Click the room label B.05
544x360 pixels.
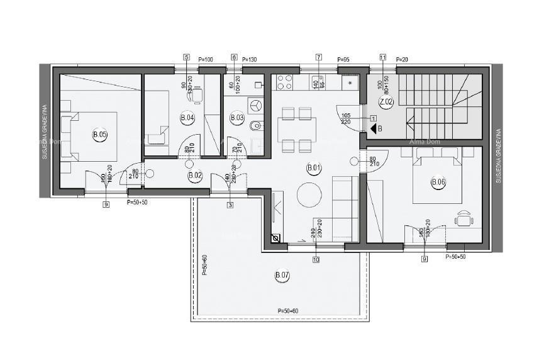click(99, 134)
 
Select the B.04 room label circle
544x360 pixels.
click(187, 118)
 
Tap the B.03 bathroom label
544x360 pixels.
click(237, 118)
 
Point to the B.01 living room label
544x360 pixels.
click(313, 167)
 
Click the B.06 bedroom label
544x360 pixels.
click(438, 183)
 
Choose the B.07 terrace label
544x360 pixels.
click(282, 275)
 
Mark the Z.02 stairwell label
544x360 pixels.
click(386, 102)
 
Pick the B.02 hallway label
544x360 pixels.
click(195, 176)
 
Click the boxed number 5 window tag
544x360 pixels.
click(186, 57)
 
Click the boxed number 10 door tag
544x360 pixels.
click(316, 259)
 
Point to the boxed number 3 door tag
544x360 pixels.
click(230, 205)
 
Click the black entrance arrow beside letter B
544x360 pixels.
click(372, 129)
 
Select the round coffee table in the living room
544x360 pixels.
click(309, 194)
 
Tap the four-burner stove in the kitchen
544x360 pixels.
click(285, 82)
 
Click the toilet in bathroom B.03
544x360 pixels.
click(254, 126)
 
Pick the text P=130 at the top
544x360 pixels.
click(249, 59)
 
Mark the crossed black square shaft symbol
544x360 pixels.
click(275, 239)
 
